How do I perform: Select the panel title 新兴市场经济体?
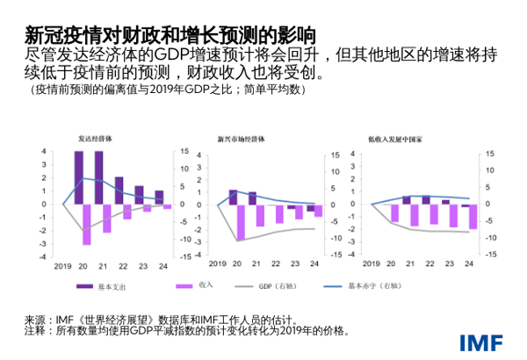click(242, 138)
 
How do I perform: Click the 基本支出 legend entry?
click(97, 287)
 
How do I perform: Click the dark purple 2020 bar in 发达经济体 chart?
click(80, 177)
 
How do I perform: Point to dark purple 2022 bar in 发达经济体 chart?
click(119, 191)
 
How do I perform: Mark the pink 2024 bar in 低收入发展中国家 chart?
click(473, 217)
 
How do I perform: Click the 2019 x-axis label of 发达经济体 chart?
click(61, 265)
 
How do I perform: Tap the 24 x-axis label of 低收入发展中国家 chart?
click(469, 264)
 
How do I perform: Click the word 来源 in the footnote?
click(36, 320)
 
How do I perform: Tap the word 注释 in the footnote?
click(36, 332)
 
